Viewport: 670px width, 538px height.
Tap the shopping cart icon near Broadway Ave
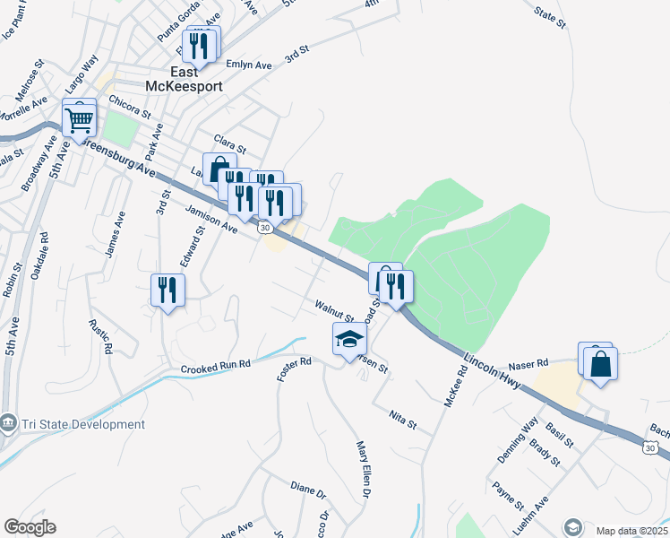coord(79,117)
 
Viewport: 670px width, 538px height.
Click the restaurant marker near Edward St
coord(167,291)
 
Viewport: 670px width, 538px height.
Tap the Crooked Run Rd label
coord(215,368)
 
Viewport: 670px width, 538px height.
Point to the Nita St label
coord(404,418)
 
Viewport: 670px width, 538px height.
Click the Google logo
coord(30,527)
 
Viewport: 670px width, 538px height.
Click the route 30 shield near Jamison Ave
coord(265,229)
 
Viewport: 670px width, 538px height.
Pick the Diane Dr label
coord(308,490)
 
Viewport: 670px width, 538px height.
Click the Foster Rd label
coord(293,368)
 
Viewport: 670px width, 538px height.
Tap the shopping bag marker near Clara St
coord(219,169)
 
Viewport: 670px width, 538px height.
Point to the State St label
coord(550,16)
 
